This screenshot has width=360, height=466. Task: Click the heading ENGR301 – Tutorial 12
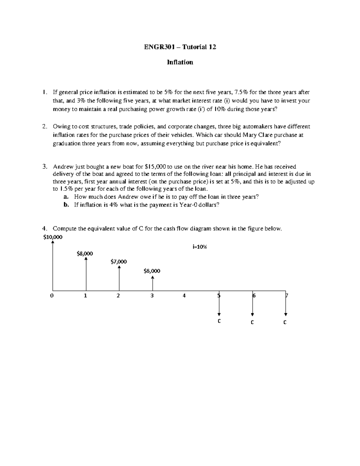(x=180, y=47)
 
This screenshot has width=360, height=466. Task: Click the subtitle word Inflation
(x=180, y=62)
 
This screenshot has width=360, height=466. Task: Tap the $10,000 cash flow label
(x=53, y=237)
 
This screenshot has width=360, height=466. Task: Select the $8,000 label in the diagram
(x=85, y=254)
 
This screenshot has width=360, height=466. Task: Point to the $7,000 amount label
(x=118, y=262)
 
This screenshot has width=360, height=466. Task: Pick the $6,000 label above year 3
(x=152, y=271)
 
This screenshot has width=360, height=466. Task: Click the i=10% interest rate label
(x=200, y=247)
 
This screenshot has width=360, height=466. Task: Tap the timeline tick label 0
(x=52, y=296)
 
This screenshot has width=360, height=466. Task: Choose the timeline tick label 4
(x=184, y=296)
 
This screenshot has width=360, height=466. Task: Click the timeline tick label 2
(x=118, y=296)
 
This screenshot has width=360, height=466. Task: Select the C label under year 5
(x=219, y=321)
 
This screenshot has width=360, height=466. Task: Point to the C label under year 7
(x=285, y=322)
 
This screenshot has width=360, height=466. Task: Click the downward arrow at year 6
(x=253, y=304)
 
